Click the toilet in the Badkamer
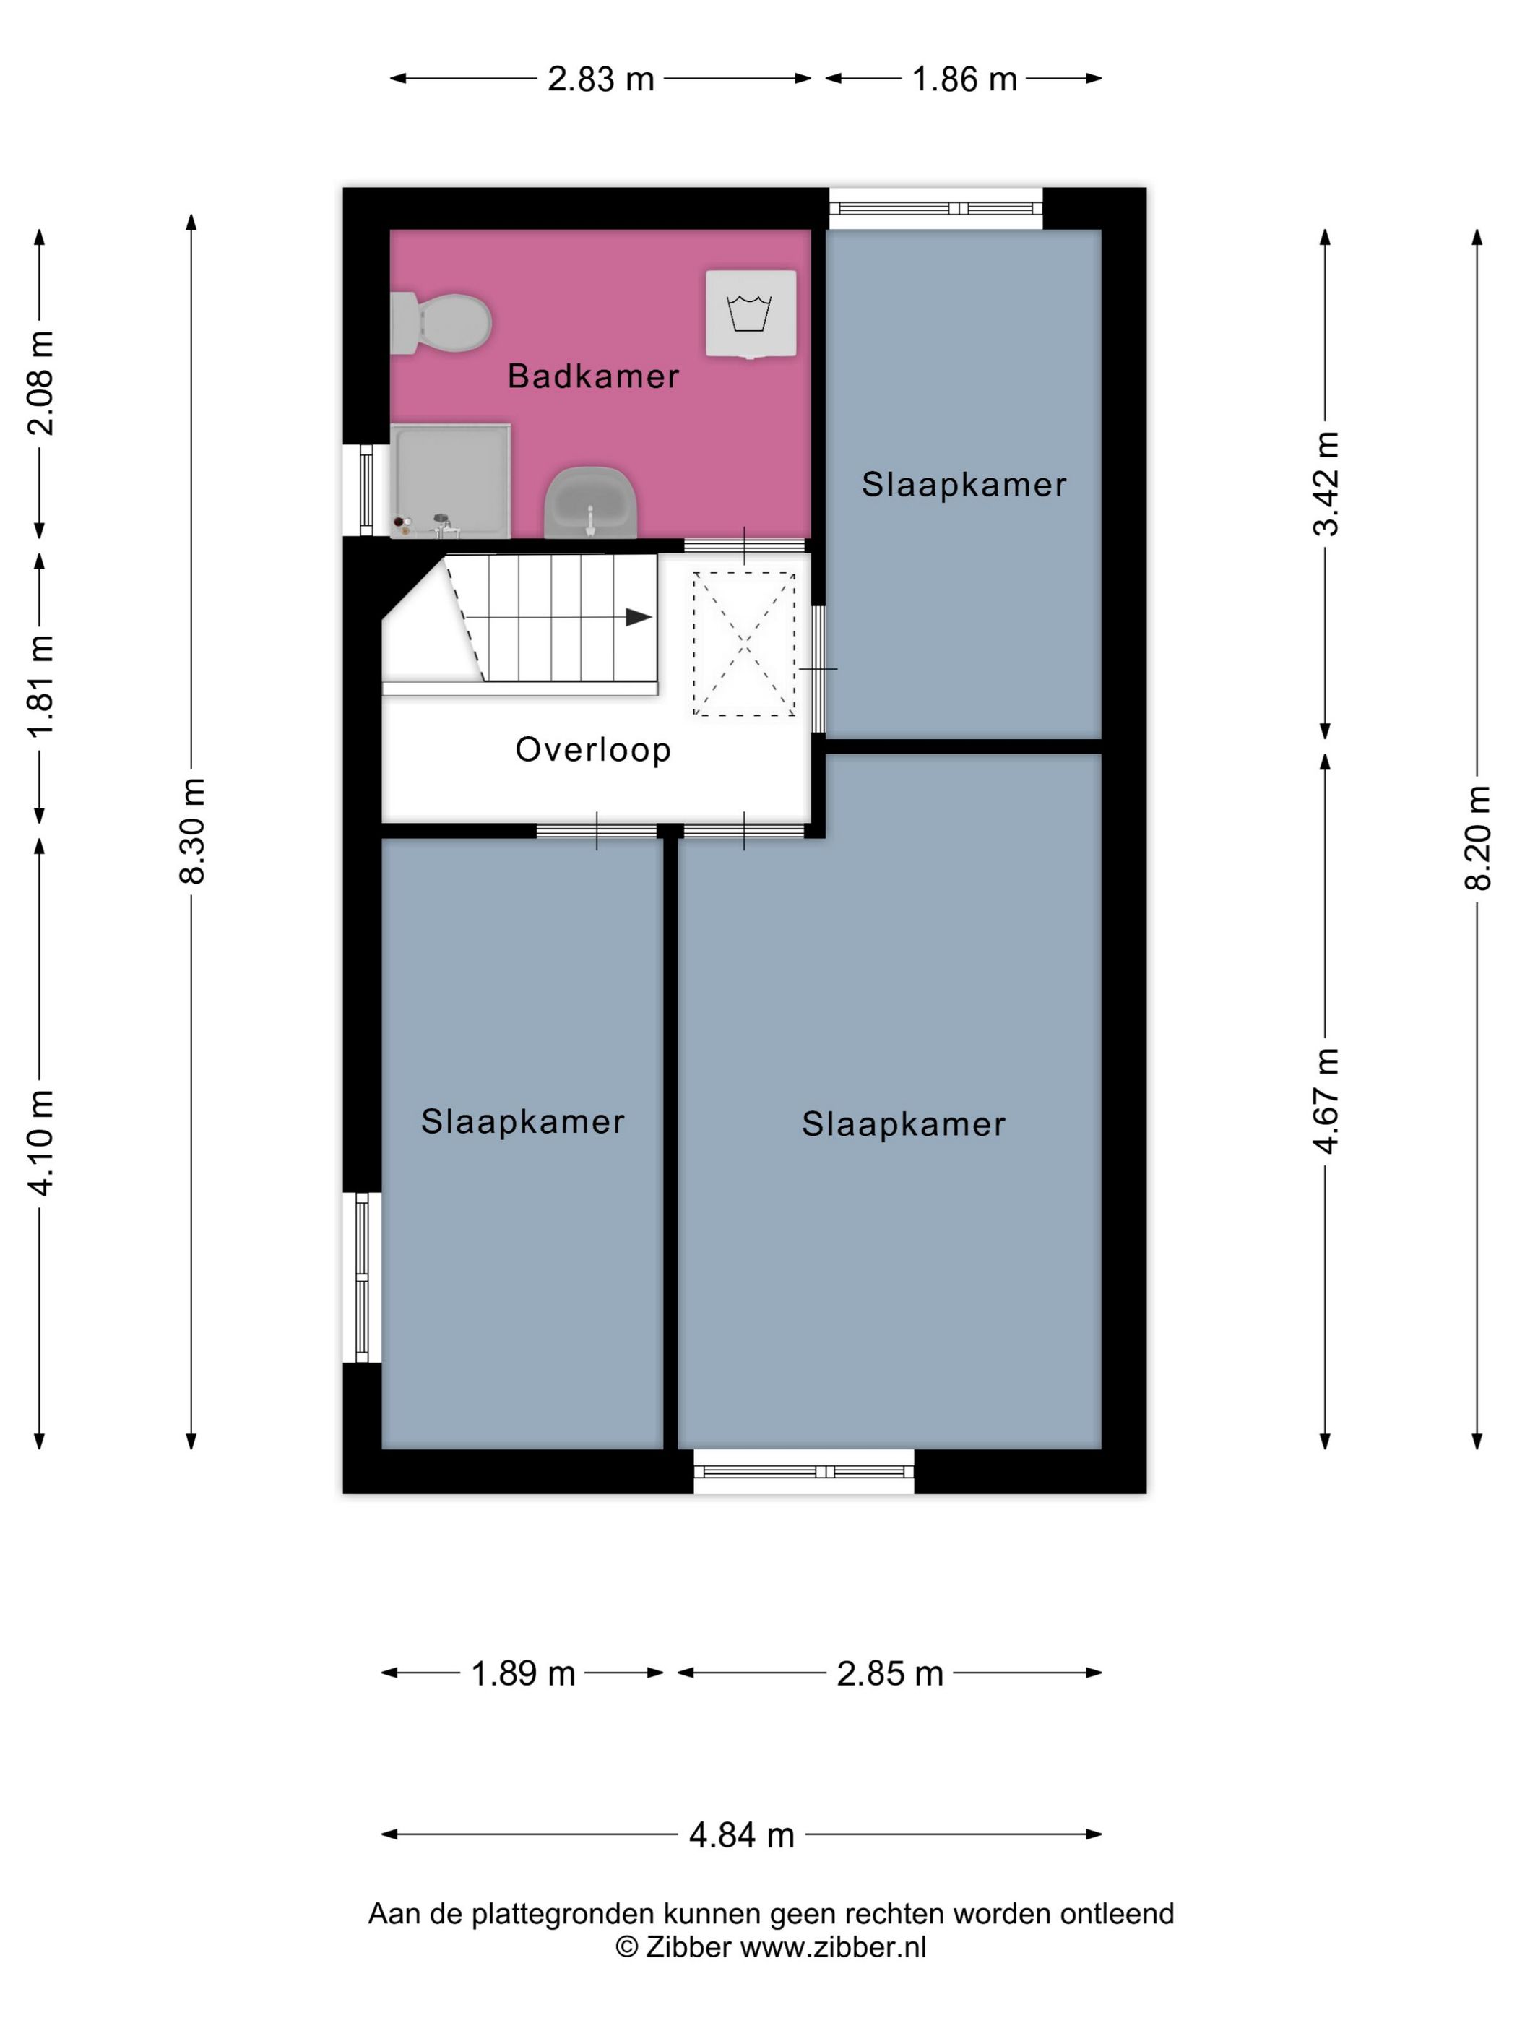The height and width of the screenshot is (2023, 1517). pyautogui.click(x=441, y=323)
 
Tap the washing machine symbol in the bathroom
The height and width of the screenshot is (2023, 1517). pyautogui.click(x=750, y=314)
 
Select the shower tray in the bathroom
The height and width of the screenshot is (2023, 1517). pyautogui.click(x=450, y=480)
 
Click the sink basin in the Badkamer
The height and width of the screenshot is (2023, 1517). pyautogui.click(x=591, y=502)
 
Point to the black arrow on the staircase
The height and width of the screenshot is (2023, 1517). pyautogui.click(x=639, y=617)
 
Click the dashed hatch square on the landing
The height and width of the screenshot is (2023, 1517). pyautogui.click(x=743, y=644)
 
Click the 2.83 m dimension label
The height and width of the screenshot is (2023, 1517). pyautogui.click(x=601, y=79)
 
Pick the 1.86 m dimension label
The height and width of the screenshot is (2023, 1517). pyautogui.click(x=964, y=79)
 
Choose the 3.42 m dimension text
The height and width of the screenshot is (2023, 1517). pyautogui.click(x=1326, y=483)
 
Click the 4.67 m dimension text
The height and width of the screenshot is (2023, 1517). pyautogui.click(x=1326, y=1100)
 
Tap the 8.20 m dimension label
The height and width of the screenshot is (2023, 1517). pyautogui.click(x=1478, y=837)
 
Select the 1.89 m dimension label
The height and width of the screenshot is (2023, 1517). pyautogui.click(x=523, y=1673)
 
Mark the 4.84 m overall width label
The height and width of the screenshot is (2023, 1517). pyautogui.click(x=742, y=1834)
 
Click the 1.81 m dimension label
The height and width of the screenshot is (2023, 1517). pyautogui.click(x=41, y=686)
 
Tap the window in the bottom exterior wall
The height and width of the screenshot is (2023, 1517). pyautogui.click(x=804, y=1472)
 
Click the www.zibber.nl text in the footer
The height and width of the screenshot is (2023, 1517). pyautogui.click(x=833, y=1947)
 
